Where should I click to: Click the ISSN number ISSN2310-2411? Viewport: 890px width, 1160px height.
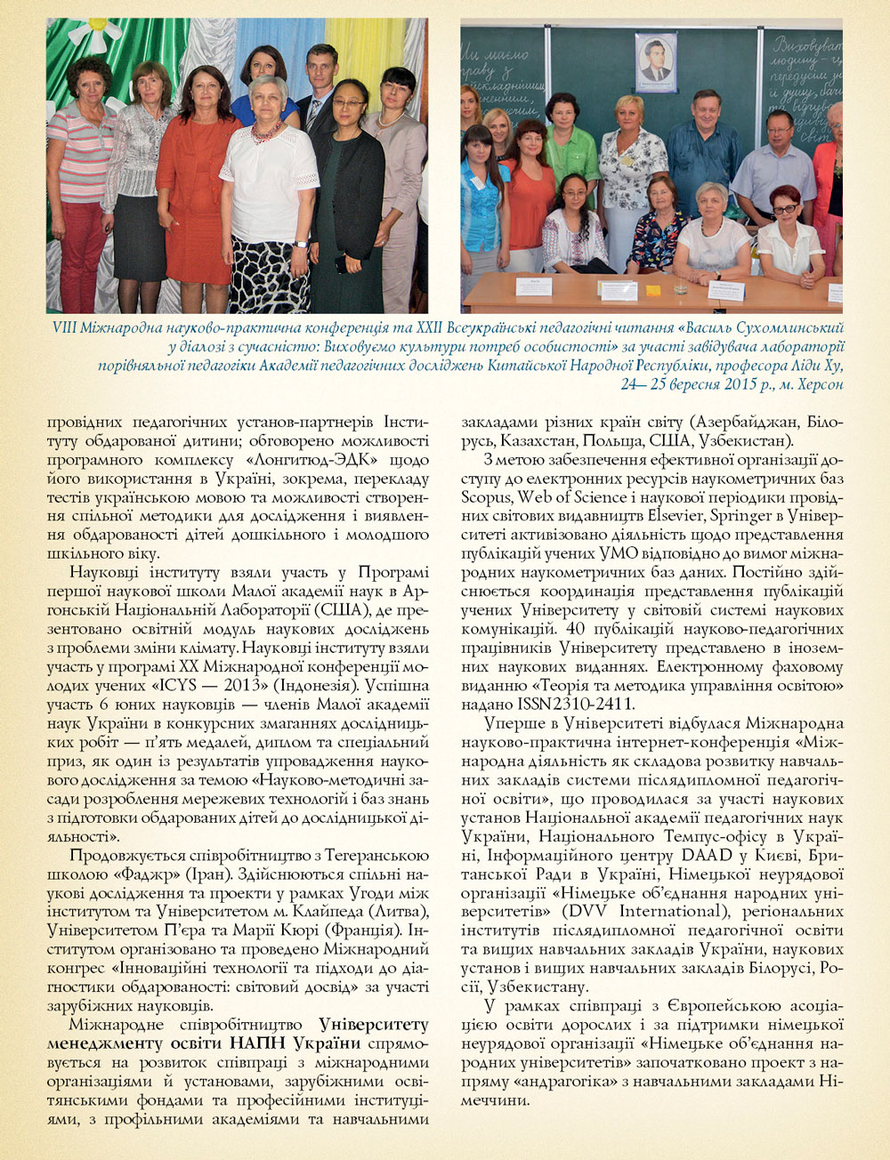562,704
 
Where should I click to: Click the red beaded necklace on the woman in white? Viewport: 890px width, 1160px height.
266,132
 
